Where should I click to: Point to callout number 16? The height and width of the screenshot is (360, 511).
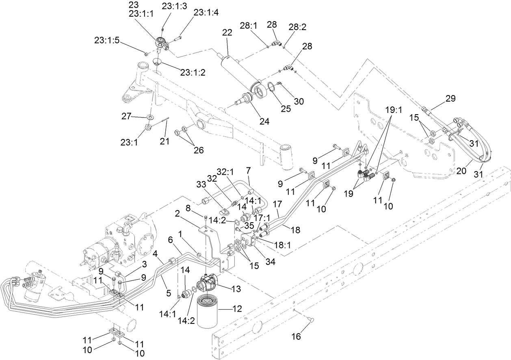pyautogui.click(x=297, y=336)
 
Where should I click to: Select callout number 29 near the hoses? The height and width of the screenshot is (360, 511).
pyautogui.click(x=450, y=98)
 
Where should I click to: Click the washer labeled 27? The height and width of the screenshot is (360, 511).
pyautogui.click(x=150, y=117)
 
